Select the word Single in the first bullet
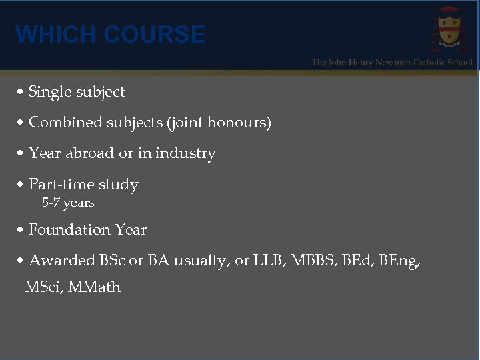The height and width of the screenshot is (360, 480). pos(49,92)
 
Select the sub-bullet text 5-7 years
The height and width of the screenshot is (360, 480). pos(67,203)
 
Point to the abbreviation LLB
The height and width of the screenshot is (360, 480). pos(270,261)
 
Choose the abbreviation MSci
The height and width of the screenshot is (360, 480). pos(42,287)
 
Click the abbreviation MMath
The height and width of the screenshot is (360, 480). pos(94,287)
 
